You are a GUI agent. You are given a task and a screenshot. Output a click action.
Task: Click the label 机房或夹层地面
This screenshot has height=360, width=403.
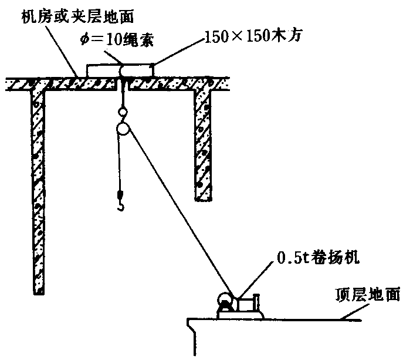(x=77, y=17)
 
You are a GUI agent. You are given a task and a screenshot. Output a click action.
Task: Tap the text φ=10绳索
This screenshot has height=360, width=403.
(x=117, y=40)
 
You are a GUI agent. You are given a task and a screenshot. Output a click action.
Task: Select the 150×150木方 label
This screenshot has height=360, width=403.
(x=253, y=35)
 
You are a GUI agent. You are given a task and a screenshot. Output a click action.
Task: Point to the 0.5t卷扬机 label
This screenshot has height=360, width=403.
(x=318, y=257)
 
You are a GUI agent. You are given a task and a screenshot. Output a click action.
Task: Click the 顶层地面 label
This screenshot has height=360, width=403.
(x=368, y=295)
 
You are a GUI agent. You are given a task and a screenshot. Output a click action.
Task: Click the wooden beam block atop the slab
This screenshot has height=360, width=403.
(x=120, y=70)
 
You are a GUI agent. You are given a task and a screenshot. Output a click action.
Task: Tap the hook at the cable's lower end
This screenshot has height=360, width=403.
(x=121, y=206)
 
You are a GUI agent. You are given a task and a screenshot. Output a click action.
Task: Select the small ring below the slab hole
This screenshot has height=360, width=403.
(x=123, y=112)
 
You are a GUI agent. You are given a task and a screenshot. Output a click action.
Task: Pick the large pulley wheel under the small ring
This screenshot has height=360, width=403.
(x=123, y=129)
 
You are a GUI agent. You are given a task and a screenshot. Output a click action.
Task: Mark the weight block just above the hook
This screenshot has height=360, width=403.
(x=120, y=194)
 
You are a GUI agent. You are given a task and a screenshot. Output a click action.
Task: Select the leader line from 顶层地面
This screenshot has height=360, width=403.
(x=354, y=312)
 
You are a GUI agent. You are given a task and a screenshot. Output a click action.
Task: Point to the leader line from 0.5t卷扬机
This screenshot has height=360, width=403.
(x=255, y=281)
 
